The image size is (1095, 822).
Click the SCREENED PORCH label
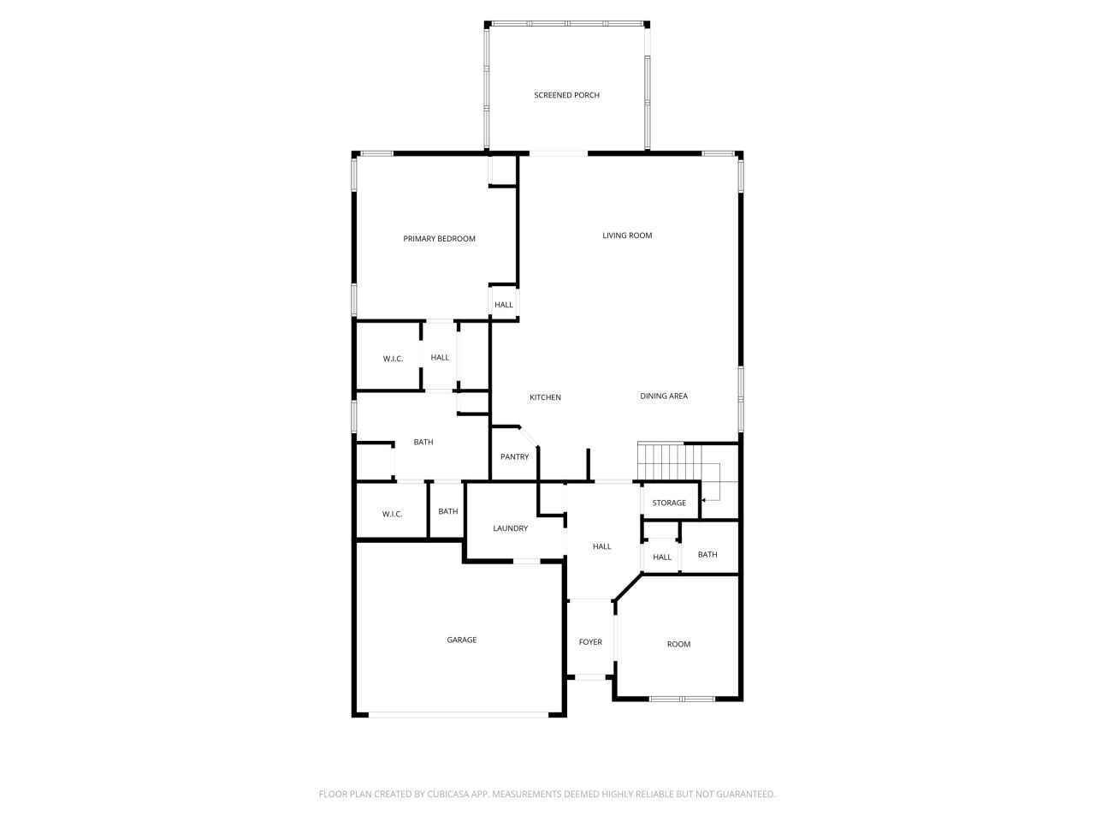pos(566,95)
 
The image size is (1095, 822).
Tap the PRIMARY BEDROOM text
pos(439,239)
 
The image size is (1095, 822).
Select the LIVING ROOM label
pos(627,235)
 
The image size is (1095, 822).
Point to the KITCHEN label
pos(545,397)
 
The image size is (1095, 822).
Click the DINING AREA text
pos(664,396)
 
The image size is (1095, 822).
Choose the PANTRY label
pos(514,457)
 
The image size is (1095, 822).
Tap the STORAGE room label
pos(669,503)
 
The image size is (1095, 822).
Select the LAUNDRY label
pos(510,529)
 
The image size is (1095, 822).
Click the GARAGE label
pos(461,640)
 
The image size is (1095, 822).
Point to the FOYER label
pos(590,642)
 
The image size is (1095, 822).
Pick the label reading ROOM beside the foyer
pos(678,645)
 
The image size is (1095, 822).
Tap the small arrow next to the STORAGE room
pos(704,499)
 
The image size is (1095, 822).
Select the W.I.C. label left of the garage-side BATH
pos(392,514)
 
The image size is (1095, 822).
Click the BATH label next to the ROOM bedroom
pos(707,555)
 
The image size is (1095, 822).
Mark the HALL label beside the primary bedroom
pos(504,306)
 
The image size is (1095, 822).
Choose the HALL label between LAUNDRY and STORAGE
pos(602,547)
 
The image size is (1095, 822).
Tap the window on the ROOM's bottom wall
pos(682,700)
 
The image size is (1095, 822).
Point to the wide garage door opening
pos(460,714)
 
